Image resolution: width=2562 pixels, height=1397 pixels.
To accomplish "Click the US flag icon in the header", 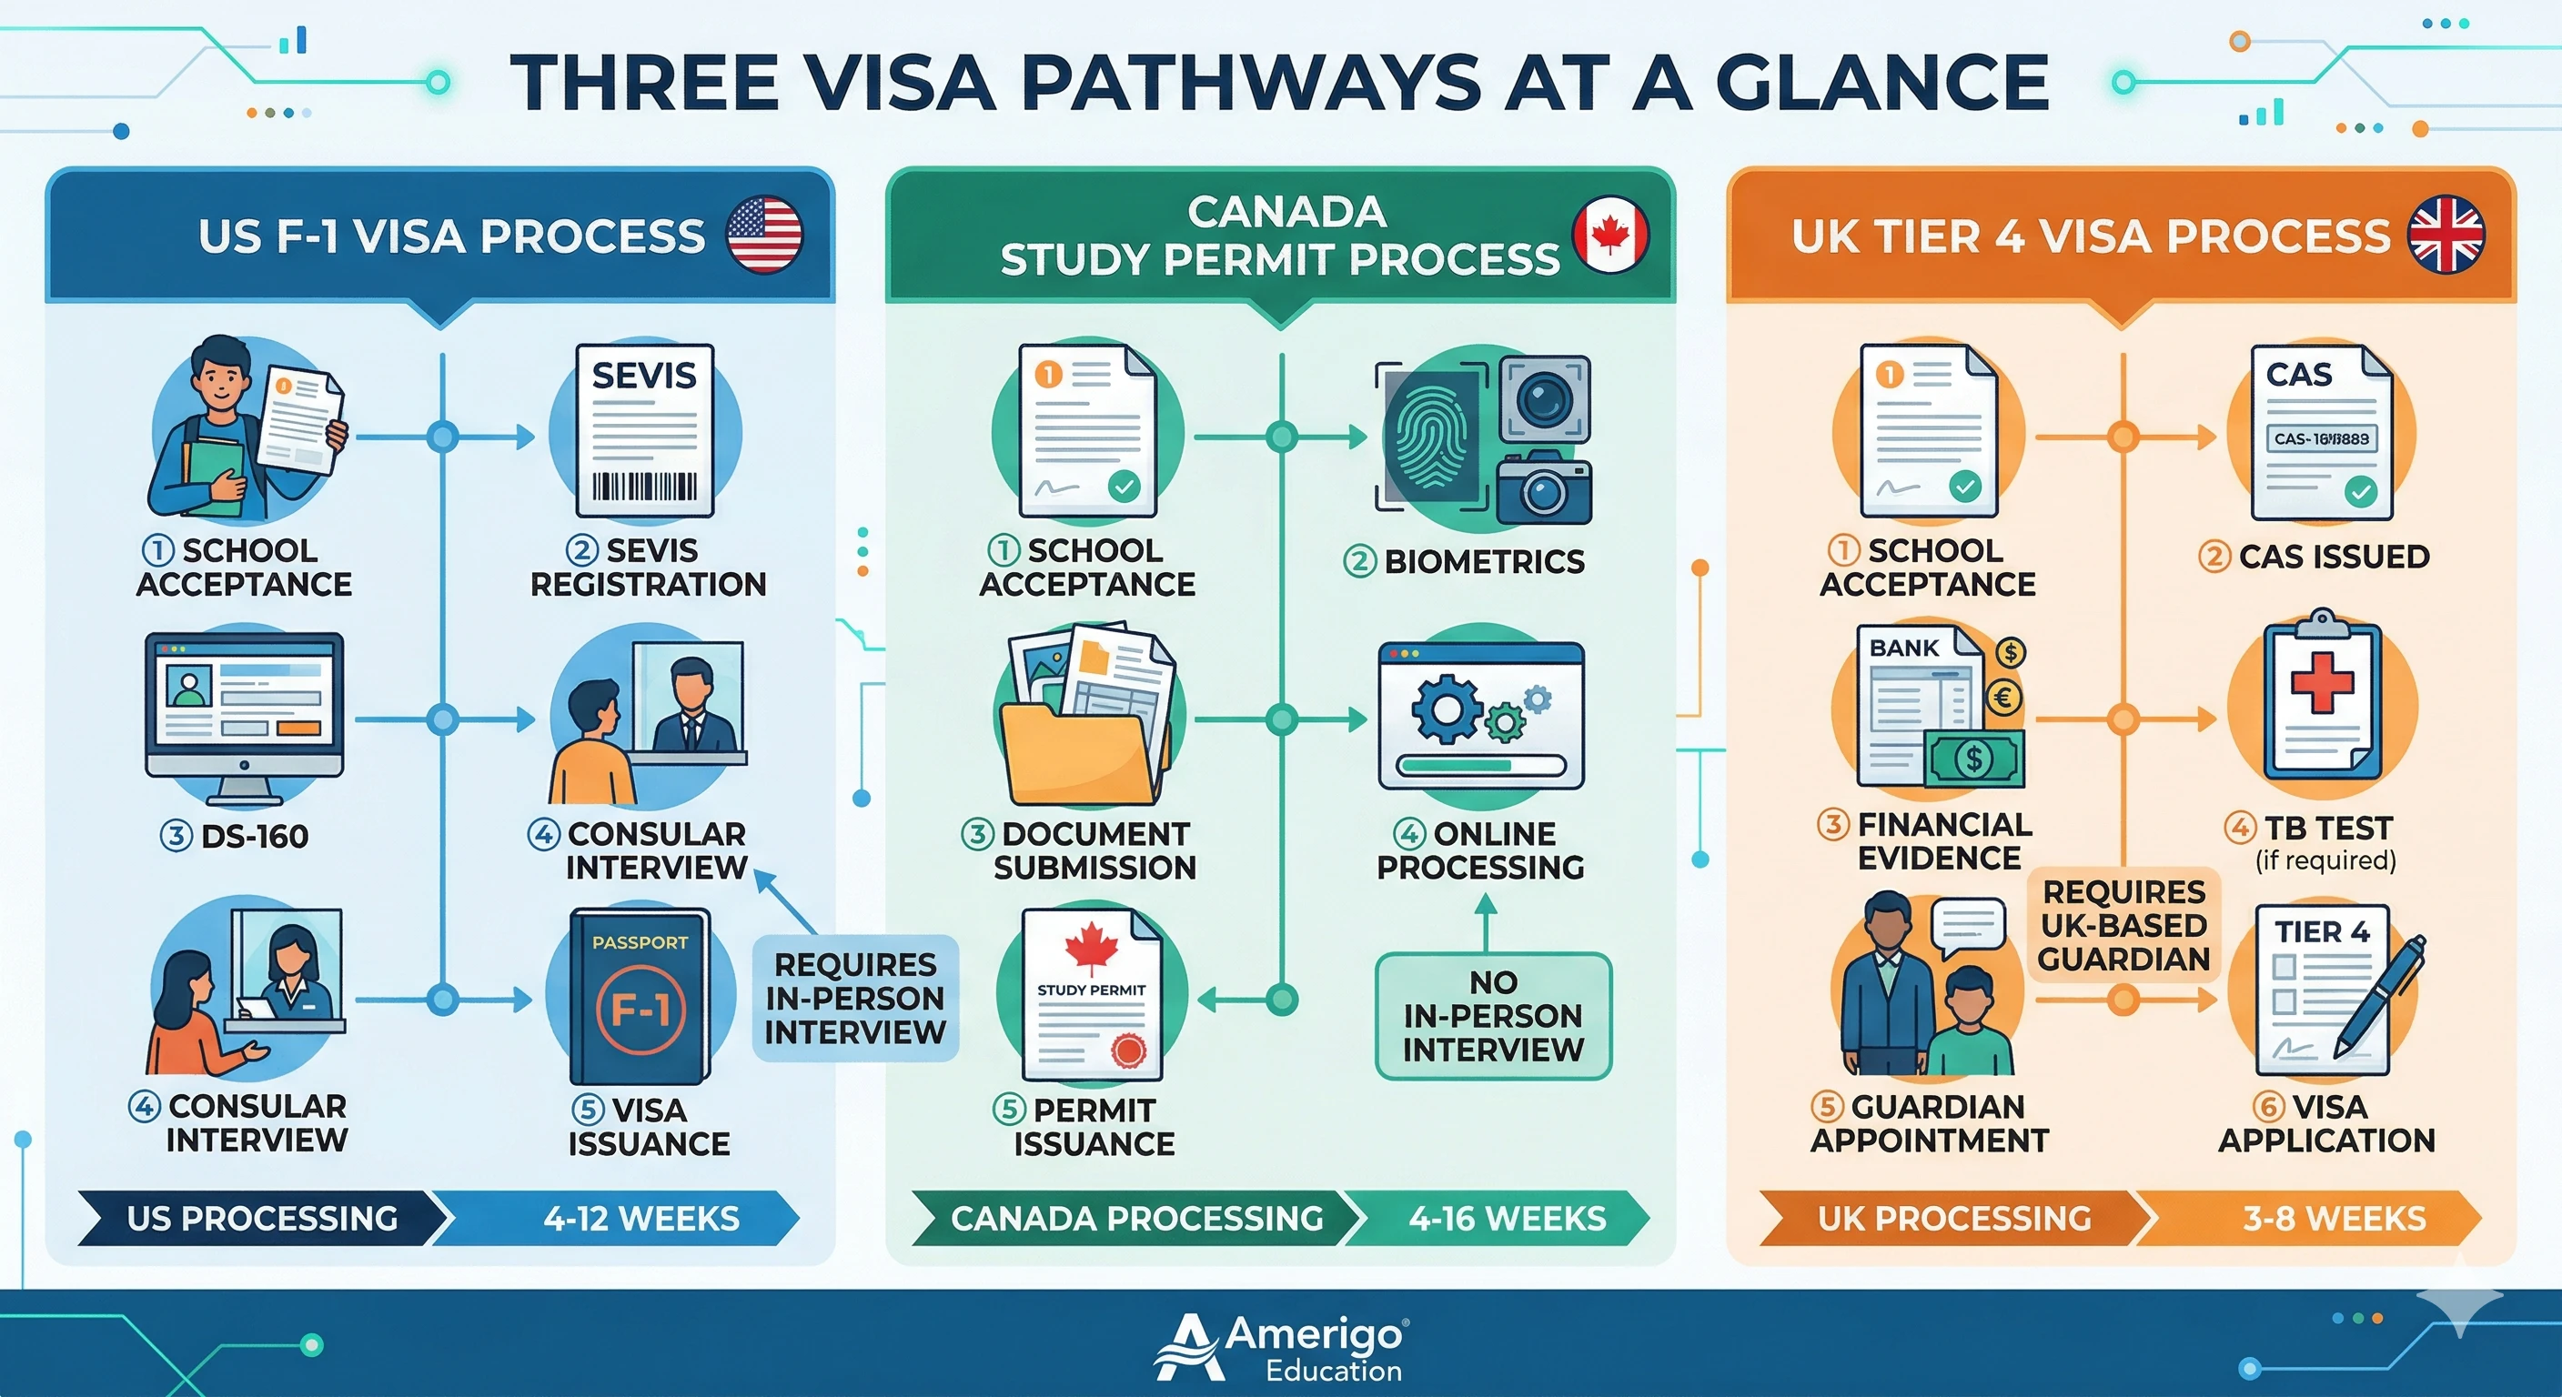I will (x=764, y=235).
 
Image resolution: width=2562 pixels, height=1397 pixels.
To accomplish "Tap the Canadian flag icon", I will (x=1610, y=236).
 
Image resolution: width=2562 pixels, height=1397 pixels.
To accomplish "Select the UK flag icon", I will (x=2446, y=236).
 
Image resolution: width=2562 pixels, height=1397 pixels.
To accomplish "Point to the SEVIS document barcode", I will (x=644, y=487).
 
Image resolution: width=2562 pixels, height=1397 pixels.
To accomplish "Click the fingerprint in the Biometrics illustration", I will (x=1431, y=437).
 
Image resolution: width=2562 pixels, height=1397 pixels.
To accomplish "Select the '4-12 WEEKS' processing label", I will (x=640, y=1218).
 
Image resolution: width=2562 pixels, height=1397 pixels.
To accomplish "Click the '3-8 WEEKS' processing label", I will (x=2334, y=1218).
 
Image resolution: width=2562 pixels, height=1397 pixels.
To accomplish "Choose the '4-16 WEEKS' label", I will (x=1507, y=1218).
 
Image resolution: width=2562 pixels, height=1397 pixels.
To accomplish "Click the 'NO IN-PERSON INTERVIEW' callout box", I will (x=1493, y=1015).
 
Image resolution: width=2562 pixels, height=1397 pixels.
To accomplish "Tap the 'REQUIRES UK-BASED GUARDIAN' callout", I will (x=2123, y=926).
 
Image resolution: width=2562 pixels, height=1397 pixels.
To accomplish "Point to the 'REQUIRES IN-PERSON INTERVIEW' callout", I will (x=855, y=999).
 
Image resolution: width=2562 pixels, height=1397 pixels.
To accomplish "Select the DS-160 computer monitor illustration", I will (x=245, y=704).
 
